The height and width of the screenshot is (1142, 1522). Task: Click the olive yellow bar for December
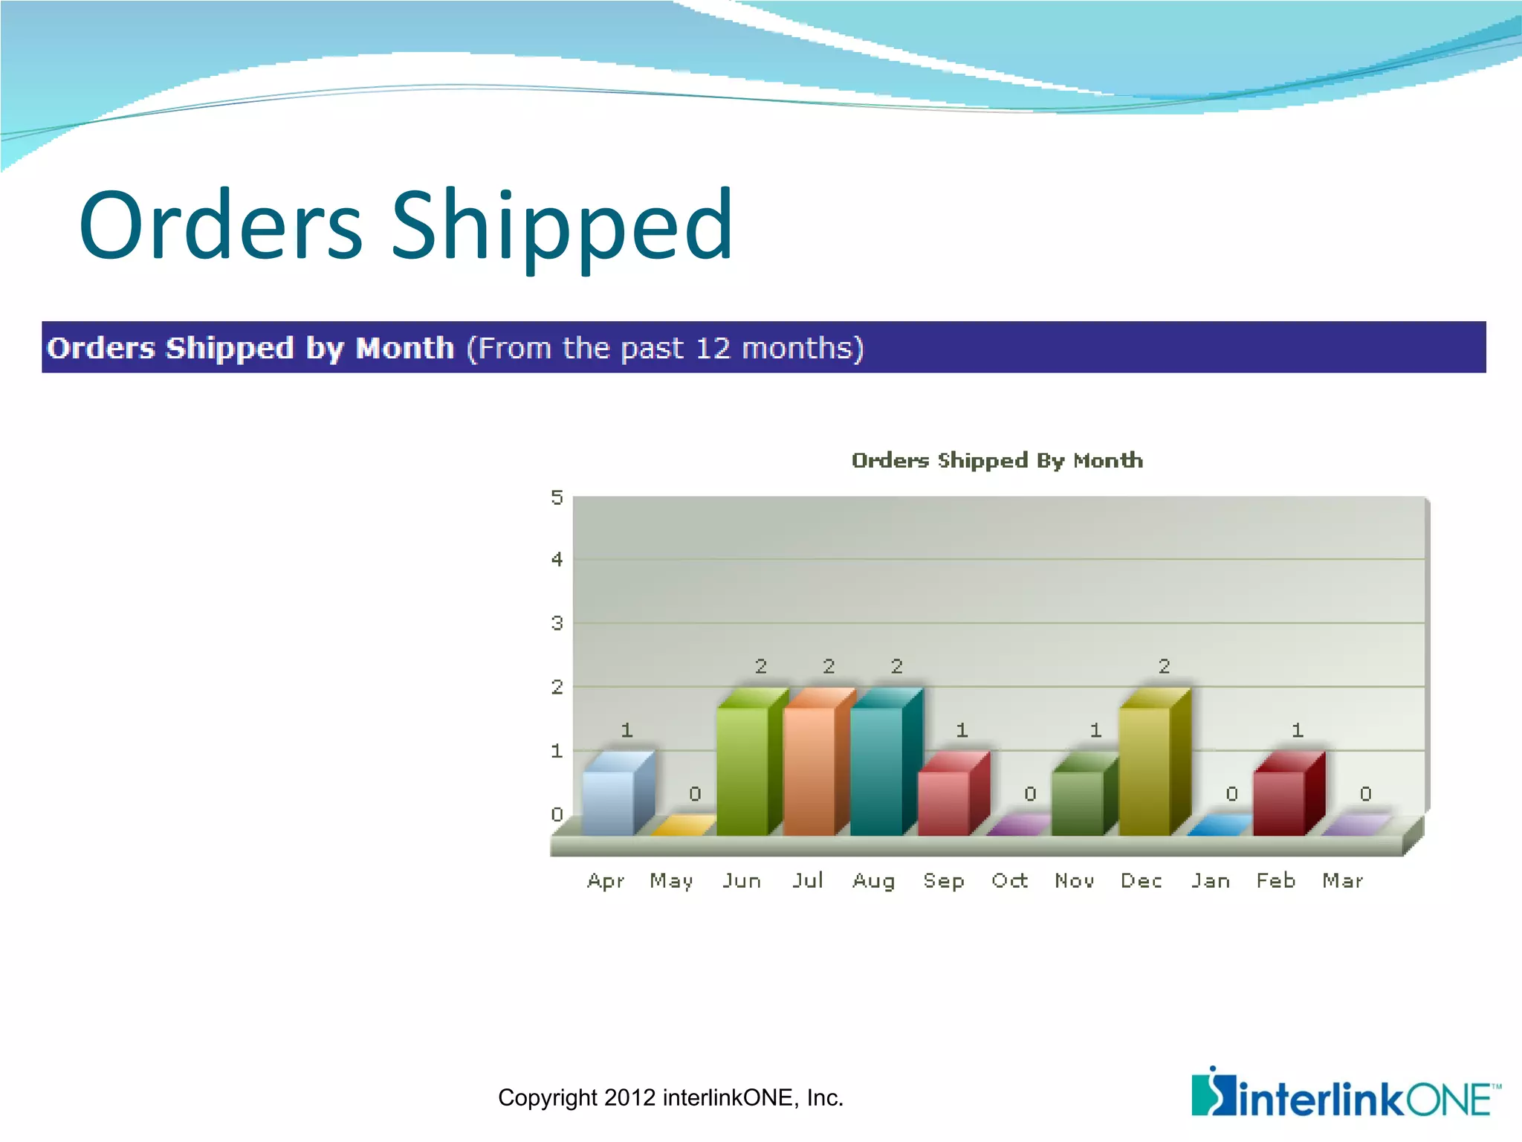tap(1145, 770)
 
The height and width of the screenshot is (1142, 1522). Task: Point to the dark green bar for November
tap(1078, 801)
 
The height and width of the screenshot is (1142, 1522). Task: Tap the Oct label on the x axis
tap(1010, 881)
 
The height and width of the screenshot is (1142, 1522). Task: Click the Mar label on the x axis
tap(1343, 881)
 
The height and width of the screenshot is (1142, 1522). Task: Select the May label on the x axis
tap(671, 882)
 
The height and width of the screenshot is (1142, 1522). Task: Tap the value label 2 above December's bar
tap(1165, 666)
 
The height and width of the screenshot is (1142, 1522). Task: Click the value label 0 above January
tap(1231, 794)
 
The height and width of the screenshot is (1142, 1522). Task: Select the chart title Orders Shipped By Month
tap(997, 461)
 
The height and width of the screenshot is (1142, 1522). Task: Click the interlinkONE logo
tap(1345, 1093)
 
